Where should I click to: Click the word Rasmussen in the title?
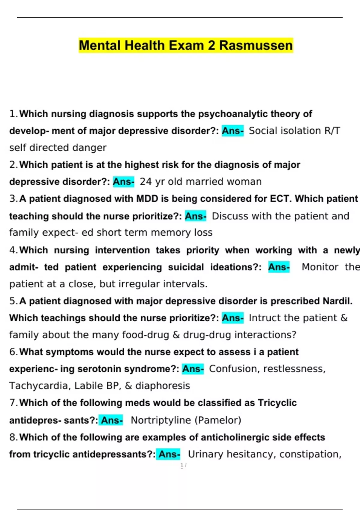256,46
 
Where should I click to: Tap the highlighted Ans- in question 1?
232,131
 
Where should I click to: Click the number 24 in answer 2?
146,181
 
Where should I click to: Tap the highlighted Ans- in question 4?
279,267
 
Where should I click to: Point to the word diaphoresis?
163,385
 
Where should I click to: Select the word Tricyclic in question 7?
277,403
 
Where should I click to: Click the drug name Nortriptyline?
161,420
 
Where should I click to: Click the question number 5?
13,301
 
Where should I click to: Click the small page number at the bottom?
183,465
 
